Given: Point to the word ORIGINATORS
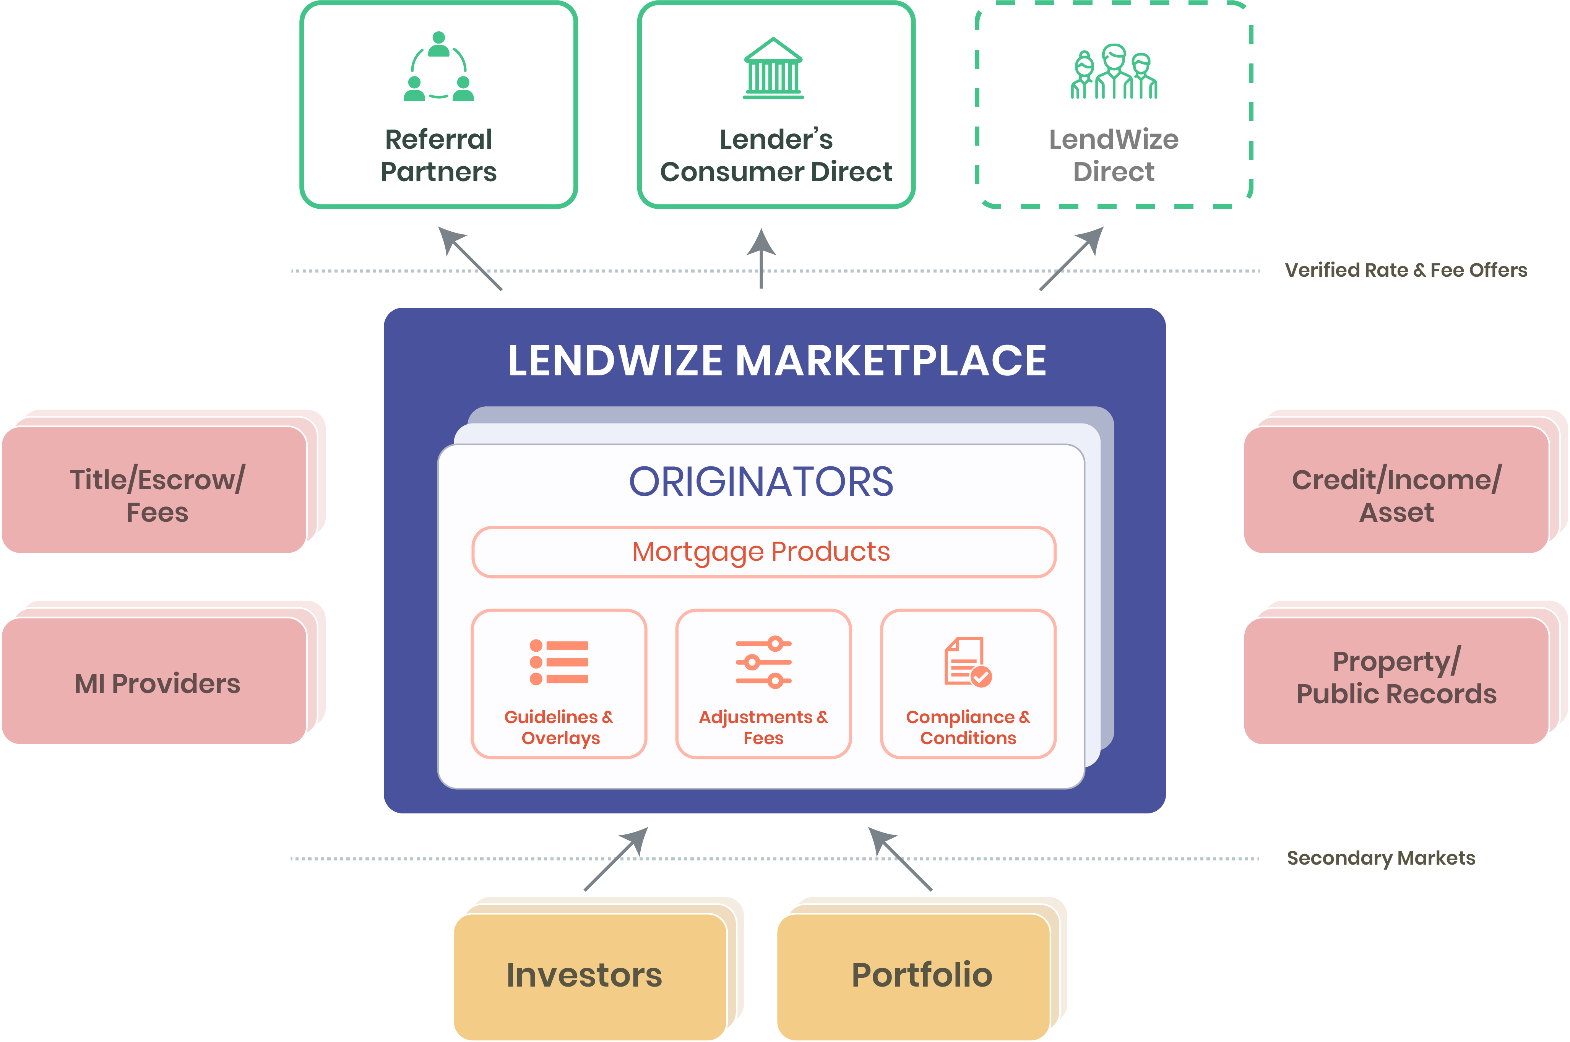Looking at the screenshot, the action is tap(761, 481).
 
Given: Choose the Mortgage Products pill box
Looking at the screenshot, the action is tap(763, 552).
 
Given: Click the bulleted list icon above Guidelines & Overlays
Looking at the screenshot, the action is tap(559, 662).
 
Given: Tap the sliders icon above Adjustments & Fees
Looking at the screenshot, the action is tap(763, 662).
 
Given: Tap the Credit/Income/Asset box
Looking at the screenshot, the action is tap(1396, 489).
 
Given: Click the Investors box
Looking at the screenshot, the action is tap(590, 976).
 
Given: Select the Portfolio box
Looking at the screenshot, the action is tap(914, 976).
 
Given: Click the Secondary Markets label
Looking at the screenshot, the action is tap(1381, 858).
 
